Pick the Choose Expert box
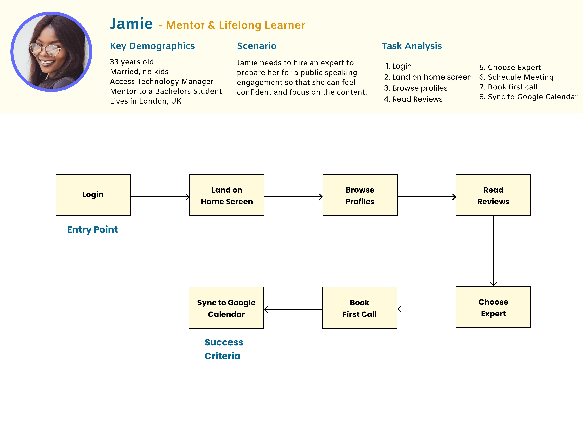pos(493,307)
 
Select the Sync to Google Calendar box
pos(226,308)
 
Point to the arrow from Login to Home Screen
pos(160,197)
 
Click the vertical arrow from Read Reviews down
pos(493,250)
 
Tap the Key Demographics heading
pos(152,46)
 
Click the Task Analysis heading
pos(412,46)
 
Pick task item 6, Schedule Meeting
pos(516,77)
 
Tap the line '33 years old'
pos(132,62)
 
